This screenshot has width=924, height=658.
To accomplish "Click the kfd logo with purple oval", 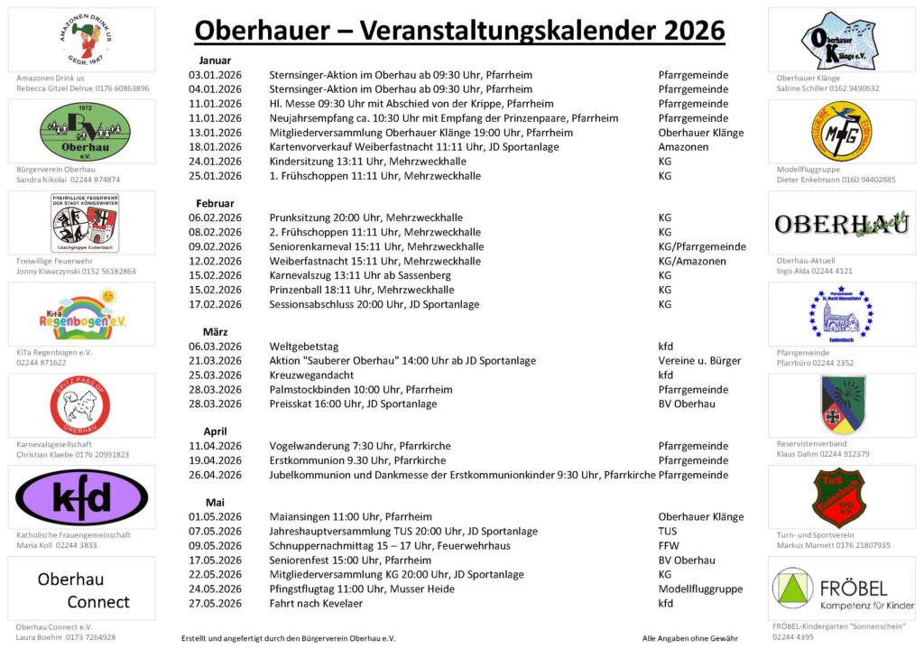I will [81, 496].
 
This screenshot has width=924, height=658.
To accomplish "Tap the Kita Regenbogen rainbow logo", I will [81, 313].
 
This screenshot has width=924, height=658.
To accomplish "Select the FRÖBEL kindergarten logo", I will [841, 588].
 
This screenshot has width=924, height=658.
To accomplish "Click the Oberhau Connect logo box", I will [81, 589].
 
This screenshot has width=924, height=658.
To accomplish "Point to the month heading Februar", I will [215, 203].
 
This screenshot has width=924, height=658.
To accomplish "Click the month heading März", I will [215, 331].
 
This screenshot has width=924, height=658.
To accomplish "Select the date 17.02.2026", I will [215, 304].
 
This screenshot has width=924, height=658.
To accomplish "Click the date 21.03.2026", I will [215, 360].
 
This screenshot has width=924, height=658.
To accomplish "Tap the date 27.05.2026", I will [215, 603].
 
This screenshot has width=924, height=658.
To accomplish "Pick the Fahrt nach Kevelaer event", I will [316, 603].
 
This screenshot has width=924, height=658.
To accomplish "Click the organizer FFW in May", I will [669, 545].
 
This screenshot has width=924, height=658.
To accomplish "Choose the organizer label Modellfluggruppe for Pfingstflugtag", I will [700, 588].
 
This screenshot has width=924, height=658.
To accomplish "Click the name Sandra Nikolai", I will [46, 180].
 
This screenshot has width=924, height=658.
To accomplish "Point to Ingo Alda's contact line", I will [814, 271].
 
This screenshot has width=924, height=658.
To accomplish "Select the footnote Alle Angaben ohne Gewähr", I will [689, 638].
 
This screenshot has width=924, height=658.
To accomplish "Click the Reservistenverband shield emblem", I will [842, 405].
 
